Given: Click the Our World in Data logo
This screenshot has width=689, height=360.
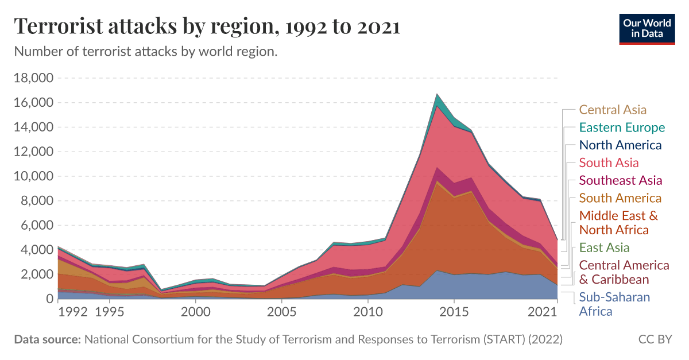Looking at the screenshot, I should tap(647, 27).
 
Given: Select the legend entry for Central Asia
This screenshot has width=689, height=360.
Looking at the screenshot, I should tap(613, 110).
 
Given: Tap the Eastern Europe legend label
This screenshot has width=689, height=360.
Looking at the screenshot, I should tap(622, 127).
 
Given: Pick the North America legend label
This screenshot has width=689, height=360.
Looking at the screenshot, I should tap(620, 145).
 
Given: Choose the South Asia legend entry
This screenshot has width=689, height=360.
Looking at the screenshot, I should tap(609, 163).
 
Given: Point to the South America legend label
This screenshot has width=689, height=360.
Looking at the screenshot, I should tap(620, 198).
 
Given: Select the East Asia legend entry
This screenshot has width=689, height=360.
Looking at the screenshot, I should tap(605, 248).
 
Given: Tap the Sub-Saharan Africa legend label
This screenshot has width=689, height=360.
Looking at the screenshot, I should tap(614, 304).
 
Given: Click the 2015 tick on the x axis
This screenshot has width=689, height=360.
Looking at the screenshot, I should tap(454, 312).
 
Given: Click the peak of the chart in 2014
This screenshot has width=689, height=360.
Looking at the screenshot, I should tap(437, 94).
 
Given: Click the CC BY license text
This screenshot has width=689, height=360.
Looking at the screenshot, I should tap(655, 339).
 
